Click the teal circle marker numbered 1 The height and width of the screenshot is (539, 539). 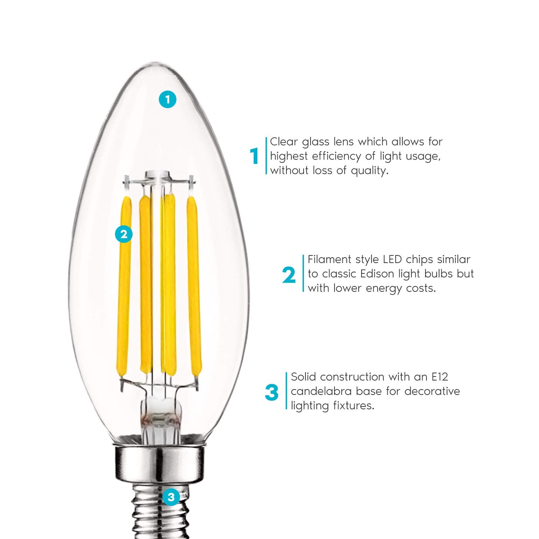point(167,99)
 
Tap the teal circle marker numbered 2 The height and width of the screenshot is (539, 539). point(124,234)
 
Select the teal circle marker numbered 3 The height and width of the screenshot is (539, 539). point(171,497)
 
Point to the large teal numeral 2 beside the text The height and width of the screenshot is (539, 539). point(289,275)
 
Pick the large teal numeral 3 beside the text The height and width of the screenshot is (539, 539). point(272,393)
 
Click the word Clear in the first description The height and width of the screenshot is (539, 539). point(284,142)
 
